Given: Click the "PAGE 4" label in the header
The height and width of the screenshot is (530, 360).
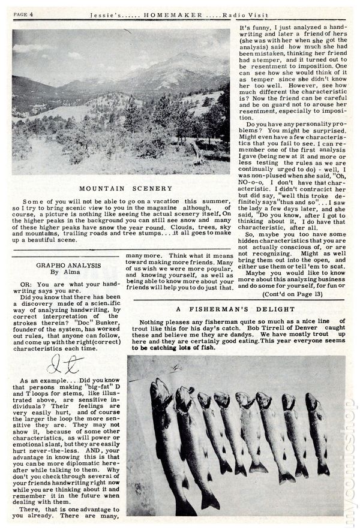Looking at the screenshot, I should pos(24,13).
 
